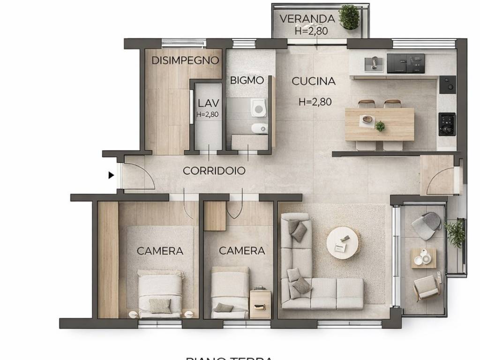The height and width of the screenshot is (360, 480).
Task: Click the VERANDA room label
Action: coord(307,19)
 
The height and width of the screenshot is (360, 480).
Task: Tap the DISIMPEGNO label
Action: coord(185,60)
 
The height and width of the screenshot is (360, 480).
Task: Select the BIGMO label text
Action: coord(247,80)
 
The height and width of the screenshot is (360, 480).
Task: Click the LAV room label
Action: coord(205,103)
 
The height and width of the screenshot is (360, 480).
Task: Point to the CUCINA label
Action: coord(314,81)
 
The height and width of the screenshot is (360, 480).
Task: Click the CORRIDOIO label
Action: coord(214,171)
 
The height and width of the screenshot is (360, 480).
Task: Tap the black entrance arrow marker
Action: coord(111,175)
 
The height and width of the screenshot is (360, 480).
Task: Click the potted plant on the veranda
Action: coord(349,17)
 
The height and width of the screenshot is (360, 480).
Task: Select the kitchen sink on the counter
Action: coord(374,63)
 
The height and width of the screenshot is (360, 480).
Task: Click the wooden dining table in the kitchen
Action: coord(379,124)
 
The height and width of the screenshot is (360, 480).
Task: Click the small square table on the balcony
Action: coord(424,258)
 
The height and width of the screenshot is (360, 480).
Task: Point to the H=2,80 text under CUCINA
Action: coord(315,102)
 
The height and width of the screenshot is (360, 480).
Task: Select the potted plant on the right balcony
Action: coord(455,232)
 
